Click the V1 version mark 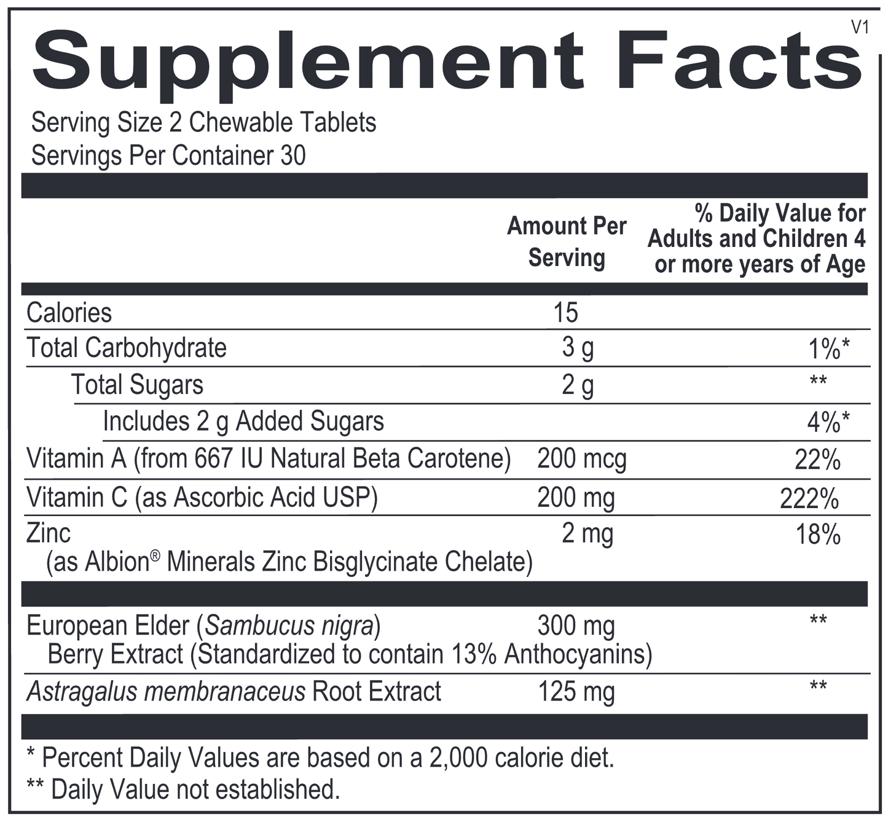point(860,27)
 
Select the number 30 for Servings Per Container point(293,155)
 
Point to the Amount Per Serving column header point(566,241)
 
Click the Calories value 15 point(565,313)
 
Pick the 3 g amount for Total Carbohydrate point(578,348)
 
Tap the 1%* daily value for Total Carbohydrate point(828,349)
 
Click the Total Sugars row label point(137,385)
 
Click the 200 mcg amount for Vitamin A point(581,459)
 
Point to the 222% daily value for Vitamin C point(809,498)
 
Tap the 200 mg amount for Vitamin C point(576,498)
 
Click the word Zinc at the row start point(49,533)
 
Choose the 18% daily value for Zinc point(818,535)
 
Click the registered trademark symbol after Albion point(155,555)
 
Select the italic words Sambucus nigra point(289,625)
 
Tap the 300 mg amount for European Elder point(576,626)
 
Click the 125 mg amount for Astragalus point(576,692)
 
